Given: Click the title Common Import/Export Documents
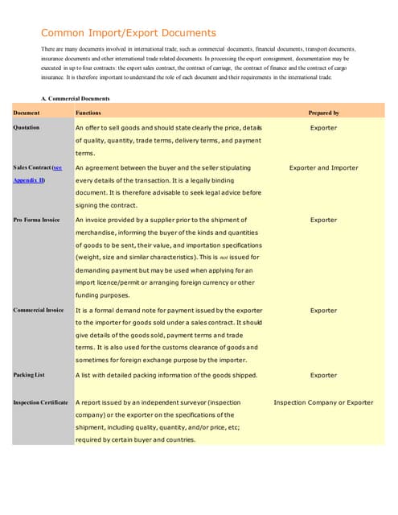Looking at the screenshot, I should [129, 33].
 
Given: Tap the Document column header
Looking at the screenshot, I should [27, 113].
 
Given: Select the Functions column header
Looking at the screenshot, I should [88, 113].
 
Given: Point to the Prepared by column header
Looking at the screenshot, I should [323, 113].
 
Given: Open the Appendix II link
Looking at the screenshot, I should [29, 180].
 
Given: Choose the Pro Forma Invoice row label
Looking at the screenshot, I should [37, 220].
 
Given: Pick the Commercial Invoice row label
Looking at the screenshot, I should [39, 310].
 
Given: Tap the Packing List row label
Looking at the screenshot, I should [28, 375].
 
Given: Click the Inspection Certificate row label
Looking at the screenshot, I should [41, 402].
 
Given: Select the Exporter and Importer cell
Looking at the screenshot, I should [323, 167].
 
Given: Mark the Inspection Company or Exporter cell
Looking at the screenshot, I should [323, 402].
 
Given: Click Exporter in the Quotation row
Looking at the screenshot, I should [323, 128].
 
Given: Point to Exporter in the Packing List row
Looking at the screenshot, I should [323, 375].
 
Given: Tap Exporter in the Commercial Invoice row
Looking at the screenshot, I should [323, 310].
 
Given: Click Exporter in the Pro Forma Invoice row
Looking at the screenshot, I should [323, 220].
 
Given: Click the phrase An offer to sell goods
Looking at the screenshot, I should [113, 128].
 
